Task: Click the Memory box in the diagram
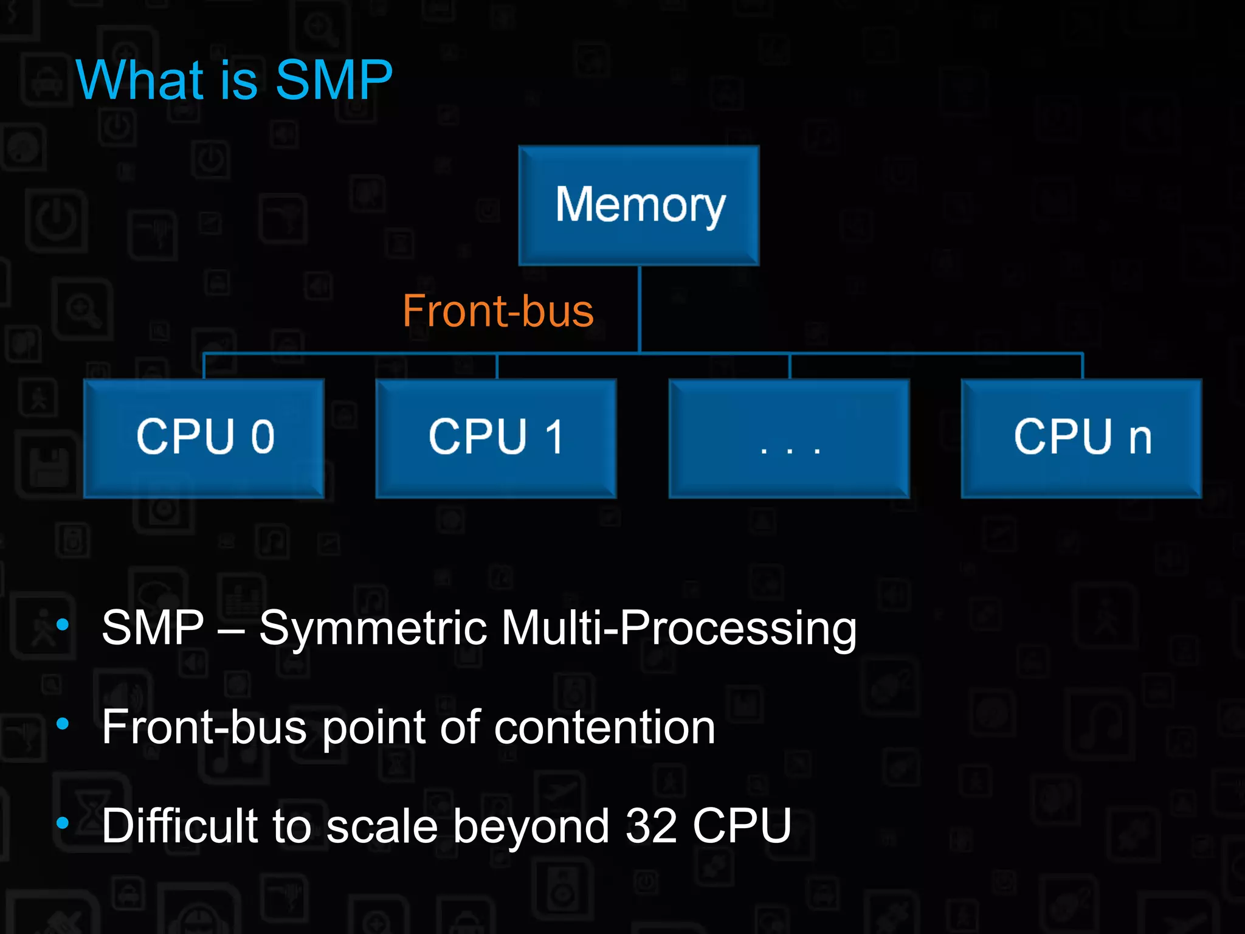[639, 206]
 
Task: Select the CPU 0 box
[204, 438]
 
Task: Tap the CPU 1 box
[496, 438]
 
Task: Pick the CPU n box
[1081, 438]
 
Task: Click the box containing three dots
[789, 438]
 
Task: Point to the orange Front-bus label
[498, 311]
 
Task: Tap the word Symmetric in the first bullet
[373, 629]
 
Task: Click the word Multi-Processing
[678, 629]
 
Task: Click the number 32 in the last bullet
[651, 826]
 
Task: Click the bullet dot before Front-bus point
[63, 724]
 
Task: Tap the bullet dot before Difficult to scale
[63, 823]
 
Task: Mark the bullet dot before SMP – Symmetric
[63, 624]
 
